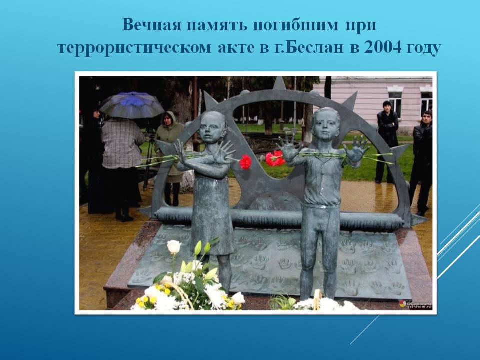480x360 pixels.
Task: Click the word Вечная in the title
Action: click(x=152, y=25)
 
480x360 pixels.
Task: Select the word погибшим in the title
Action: click(x=295, y=25)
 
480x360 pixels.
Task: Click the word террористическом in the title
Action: click(x=134, y=48)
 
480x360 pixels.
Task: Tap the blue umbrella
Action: click(x=132, y=104)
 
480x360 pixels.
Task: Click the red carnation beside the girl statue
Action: click(x=245, y=162)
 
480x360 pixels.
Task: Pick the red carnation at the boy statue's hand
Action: click(x=274, y=158)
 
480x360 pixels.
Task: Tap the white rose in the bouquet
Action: click(x=174, y=246)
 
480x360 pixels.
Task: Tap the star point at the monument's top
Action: click(x=279, y=83)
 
